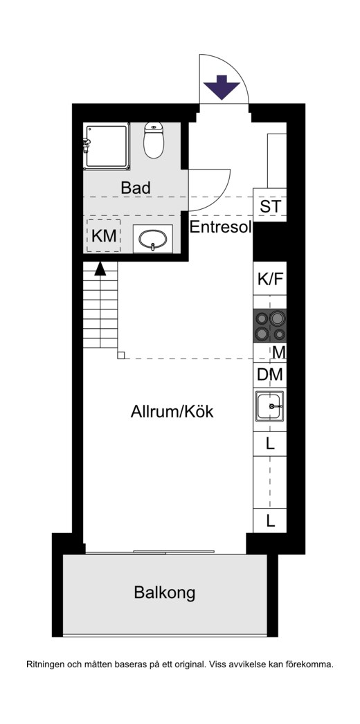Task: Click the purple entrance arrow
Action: pyautogui.click(x=222, y=87)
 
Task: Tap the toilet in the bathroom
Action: pyautogui.click(x=154, y=139)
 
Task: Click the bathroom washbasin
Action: pyautogui.click(x=153, y=239)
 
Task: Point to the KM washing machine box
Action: pyautogui.click(x=104, y=235)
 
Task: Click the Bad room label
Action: pyautogui.click(x=136, y=188)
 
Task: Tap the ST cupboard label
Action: pyautogui.click(x=270, y=206)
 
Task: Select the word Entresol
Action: pyautogui.click(x=221, y=227)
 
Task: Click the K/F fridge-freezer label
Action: pyautogui.click(x=270, y=279)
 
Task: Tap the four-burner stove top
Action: pyautogui.click(x=270, y=325)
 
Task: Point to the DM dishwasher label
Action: pyautogui.click(x=270, y=374)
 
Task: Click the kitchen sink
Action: pyautogui.click(x=270, y=406)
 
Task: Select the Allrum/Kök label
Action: pyautogui.click(x=172, y=411)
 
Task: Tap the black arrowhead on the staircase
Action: pyautogui.click(x=100, y=269)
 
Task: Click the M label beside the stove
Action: pyautogui.click(x=279, y=352)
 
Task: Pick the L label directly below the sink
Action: pyautogui.click(x=270, y=444)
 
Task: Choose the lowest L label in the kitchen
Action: pyautogui.click(x=271, y=521)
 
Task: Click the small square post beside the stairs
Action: pyautogui.click(x=121, y=355)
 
